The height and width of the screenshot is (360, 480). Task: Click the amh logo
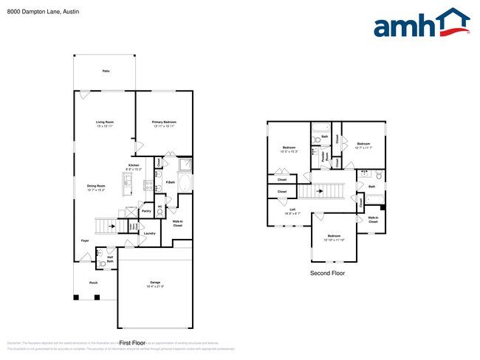click(422, 24)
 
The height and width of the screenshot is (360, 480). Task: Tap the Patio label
click(106, 71)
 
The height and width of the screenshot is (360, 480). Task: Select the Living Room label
click(105, 122)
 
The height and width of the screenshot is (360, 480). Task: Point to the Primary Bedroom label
click(163, 122)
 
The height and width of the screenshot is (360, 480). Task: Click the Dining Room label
click(96, 187)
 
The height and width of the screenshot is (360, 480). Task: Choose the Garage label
click(155, 283)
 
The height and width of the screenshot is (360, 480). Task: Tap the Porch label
click(94, 283)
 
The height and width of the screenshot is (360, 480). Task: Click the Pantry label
click(146, 211)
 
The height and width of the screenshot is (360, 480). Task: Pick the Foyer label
click(86, 240)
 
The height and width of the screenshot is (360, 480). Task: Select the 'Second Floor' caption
click(327, 272)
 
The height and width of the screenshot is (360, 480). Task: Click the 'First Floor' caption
click(134, 343)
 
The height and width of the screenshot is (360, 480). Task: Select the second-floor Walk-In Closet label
click(374, 218)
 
